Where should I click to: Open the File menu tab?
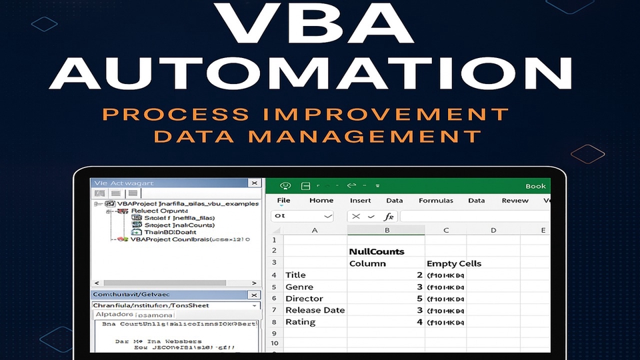tap(283, 200)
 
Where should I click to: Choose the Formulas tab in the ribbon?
tap(435, 200)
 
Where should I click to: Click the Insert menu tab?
tap(360, 200)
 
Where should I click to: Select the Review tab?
tap(515, 200)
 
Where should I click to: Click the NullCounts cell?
tap(377, 251)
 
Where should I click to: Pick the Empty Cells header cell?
tap(454, 263)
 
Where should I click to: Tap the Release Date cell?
tap(315, 310)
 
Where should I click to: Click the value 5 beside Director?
tap(420, 298)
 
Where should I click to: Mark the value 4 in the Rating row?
tap(420, 322)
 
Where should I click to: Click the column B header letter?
tap(386, 230)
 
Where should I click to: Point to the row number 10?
tap(273, 344)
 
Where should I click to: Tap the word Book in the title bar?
tap(535, 186)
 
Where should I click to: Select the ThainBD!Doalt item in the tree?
tap(171, 232)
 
